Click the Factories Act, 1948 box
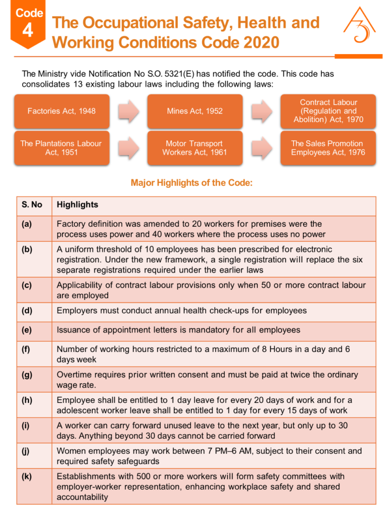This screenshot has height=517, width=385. [61, 111]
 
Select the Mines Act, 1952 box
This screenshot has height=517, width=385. [195, 111]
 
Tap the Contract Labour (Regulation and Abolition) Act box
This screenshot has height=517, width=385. [328, 111]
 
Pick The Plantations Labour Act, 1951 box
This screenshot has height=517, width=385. [61, 148]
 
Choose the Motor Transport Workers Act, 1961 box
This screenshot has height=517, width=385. [195, 148]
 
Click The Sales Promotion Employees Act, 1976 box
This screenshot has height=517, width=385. [328, 148]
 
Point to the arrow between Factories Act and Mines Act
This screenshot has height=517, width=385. [127, 111]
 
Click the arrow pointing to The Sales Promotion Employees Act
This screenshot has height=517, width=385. [261, 148]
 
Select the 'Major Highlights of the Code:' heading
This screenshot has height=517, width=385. [191, 183]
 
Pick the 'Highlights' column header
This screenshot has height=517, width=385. [77, 205]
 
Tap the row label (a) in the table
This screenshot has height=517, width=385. [27, 224]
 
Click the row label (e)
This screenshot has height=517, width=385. [27, 330]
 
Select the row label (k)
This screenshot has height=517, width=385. [27, 476]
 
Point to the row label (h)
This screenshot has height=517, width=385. [27, 400]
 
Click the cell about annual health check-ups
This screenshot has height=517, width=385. [181, 311]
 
